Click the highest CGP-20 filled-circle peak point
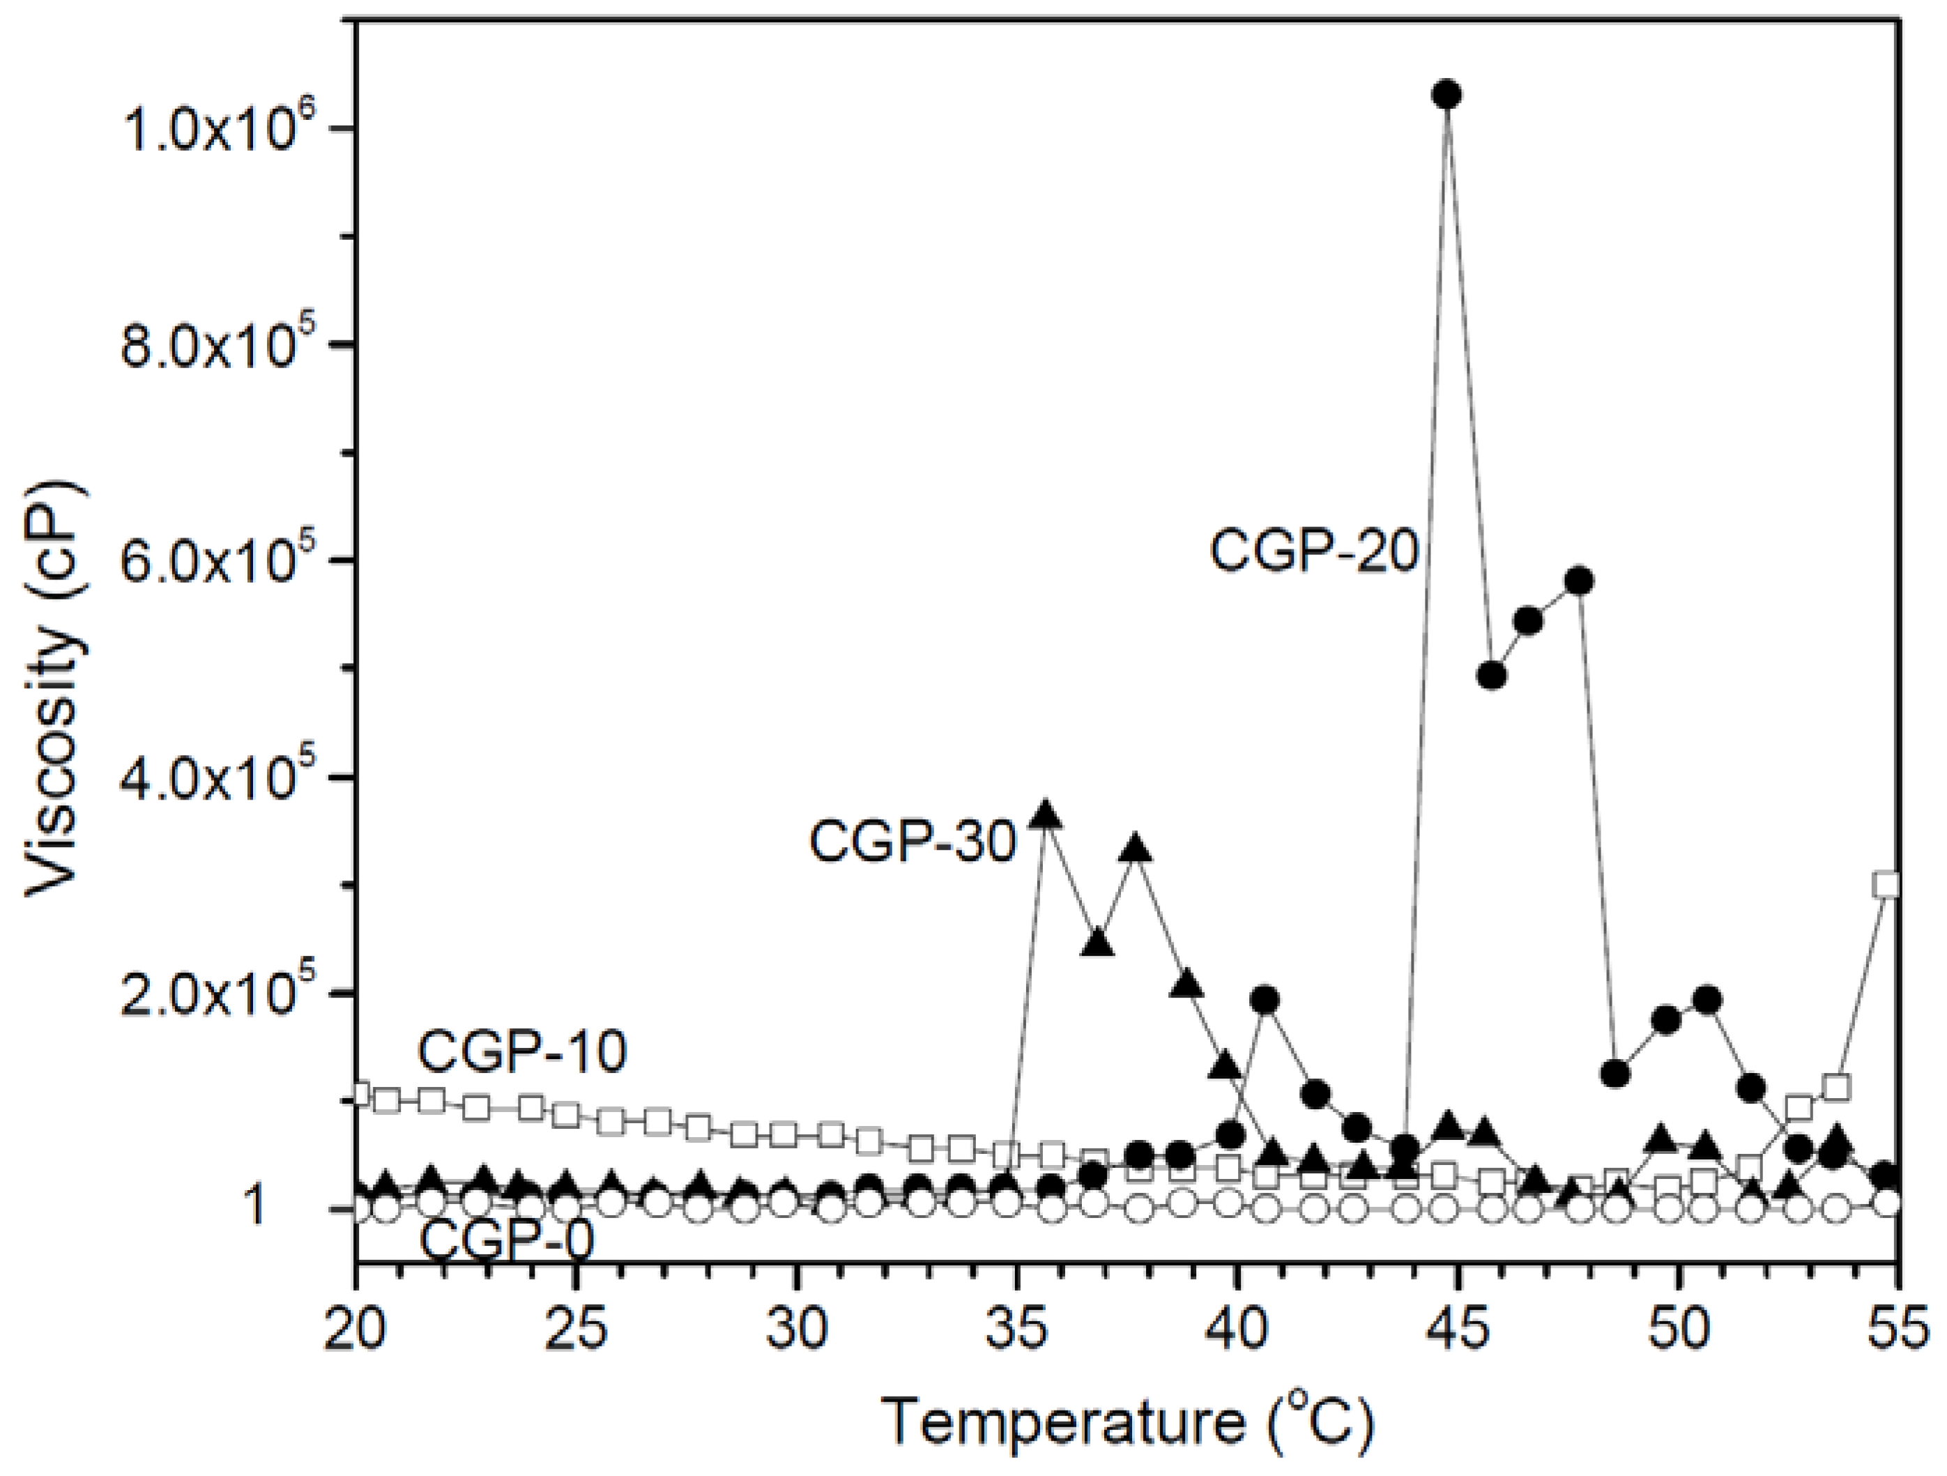coord(1447,94)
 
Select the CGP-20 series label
coord(1314,553)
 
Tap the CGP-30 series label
coord(913,842)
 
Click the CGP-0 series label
coord(506,1242)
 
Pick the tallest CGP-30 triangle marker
coord(1046,814)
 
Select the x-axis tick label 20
coord(356,1331)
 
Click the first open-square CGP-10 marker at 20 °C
coord(359,1094)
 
